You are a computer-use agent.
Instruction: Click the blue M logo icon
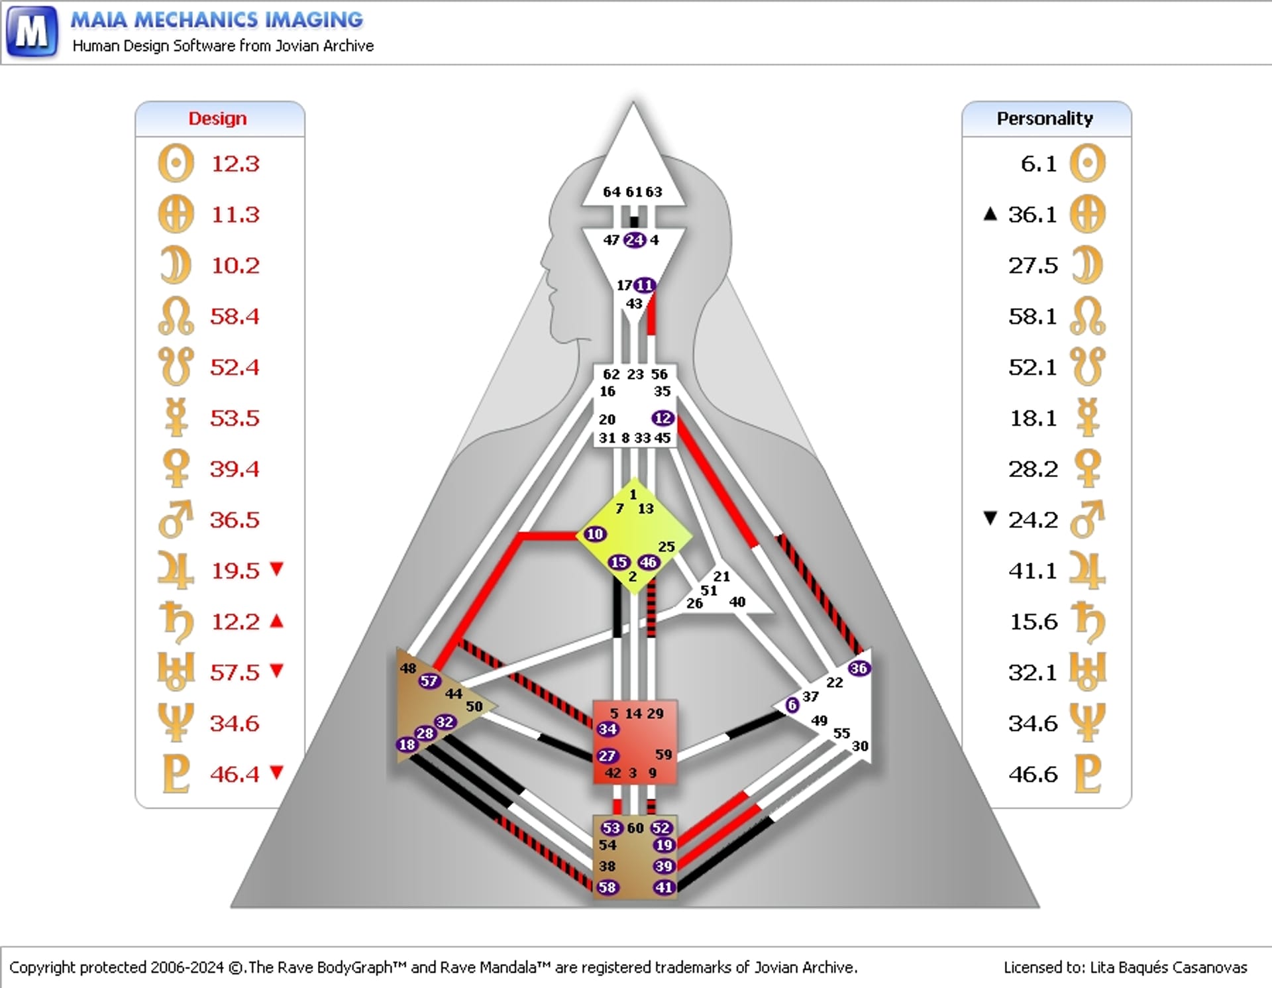[32, 31]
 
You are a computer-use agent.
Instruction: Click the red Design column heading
[217, 119]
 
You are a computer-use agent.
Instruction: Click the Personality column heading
[1045, 119]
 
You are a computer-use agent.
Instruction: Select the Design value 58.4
[235, 316]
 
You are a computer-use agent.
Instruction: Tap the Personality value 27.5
[1033, 265]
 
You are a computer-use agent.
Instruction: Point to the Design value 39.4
[235, 468]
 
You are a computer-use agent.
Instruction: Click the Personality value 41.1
[1033, 571]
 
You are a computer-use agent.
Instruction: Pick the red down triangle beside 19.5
[277, 569]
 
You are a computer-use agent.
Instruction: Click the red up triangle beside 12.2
[277, 621]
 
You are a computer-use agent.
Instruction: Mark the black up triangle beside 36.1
[990, 213]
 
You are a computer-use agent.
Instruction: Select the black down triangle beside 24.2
[990, 518]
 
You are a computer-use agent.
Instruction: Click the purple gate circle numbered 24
[635, 240]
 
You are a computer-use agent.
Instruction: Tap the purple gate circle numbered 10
[595, 534]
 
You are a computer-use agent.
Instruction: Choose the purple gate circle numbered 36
[859, 668]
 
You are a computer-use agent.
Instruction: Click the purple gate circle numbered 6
[792, 705]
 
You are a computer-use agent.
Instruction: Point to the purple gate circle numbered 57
[429, 681]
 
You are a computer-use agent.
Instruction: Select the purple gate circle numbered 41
[664, 887]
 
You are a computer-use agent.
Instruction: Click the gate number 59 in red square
[663, 754]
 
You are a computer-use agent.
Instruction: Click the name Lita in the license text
[1101, 967]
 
